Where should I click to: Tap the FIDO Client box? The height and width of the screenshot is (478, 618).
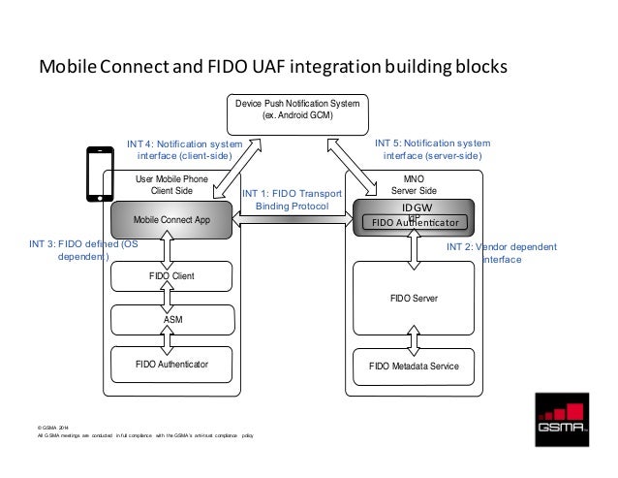170,276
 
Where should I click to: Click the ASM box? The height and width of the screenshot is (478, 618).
170,318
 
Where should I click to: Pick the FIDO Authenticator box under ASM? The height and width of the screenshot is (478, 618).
170,365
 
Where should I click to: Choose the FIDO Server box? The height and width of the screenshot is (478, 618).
415,300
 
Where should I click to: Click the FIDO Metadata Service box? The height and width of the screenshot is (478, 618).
415,366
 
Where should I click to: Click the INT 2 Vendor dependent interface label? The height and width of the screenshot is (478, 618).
501,253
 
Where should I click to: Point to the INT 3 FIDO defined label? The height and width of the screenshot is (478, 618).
85,251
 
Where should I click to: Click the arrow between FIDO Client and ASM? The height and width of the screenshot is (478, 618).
170,297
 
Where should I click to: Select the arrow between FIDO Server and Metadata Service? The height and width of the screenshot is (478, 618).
415,337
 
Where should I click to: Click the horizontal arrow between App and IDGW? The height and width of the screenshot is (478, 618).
292,220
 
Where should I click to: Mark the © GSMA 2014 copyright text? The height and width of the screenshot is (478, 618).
53,427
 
